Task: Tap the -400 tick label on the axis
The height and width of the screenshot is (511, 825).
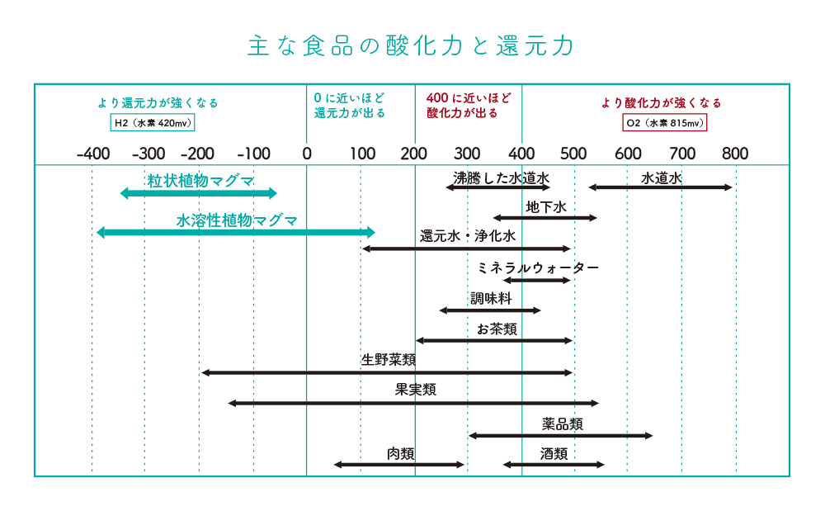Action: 93,154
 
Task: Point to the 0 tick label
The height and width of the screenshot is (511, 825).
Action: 307,154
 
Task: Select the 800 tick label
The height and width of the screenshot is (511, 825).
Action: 735,154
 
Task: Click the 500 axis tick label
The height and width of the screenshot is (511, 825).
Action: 573,154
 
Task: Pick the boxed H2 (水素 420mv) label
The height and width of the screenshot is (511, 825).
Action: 153,123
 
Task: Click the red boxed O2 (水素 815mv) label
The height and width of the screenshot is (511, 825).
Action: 664,123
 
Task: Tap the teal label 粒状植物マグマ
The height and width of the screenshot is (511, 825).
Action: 200,181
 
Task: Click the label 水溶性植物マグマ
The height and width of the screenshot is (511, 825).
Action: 237,220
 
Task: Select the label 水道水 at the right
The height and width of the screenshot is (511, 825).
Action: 662,178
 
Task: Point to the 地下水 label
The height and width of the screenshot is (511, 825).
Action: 546,207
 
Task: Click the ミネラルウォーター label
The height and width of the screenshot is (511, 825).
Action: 538,267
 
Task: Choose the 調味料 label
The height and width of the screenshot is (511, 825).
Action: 491,299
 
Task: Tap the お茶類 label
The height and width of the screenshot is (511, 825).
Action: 497,329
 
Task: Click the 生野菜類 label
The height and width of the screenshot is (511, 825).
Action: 389,360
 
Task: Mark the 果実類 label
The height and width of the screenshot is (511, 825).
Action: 416,390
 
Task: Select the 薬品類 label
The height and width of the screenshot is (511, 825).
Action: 563,424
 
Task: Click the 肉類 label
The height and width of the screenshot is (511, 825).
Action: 400,454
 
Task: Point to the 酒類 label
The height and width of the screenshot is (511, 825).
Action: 554,454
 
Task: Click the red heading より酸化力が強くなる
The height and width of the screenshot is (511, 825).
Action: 661,103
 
